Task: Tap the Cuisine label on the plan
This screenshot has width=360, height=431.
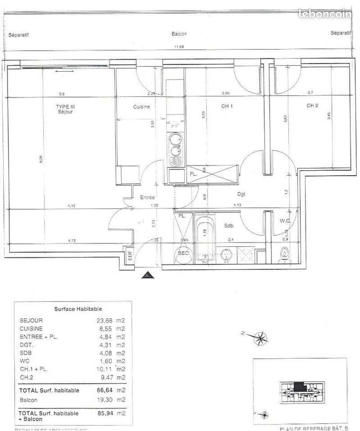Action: coord(141,107)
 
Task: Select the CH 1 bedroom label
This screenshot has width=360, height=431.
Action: coord(227,106)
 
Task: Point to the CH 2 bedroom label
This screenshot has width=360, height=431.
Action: coord(312,106)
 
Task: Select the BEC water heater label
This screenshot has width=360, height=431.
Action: coord(183,252)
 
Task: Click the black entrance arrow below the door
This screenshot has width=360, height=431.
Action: coord(146,275)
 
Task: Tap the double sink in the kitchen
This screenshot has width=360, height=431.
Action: coord(175,146)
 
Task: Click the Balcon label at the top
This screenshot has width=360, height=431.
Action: coord(179,33)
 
